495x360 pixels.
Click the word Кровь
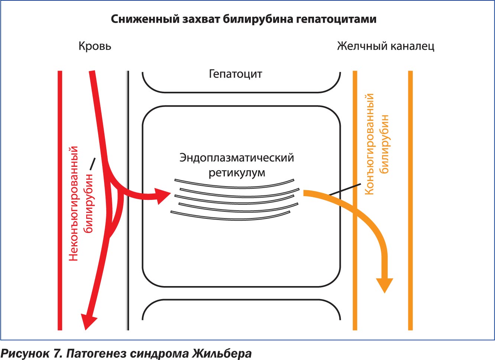tap(95, 46)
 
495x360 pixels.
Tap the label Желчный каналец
tap(386, 46)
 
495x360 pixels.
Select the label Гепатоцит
tap(235, 74)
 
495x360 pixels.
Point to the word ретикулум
tap(237, 173)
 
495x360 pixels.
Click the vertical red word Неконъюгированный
tap(74, 204)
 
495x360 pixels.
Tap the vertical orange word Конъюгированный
tap(369, 144)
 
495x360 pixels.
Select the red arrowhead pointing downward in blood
tap(88, 321)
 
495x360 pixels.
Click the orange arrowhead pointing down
tap(385, 285)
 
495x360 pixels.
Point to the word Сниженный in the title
tap(145, 19)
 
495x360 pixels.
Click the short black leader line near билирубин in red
tap(93, 164)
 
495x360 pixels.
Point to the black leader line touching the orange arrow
tap(345, 189)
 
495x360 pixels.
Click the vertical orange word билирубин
tap(384, 144)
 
